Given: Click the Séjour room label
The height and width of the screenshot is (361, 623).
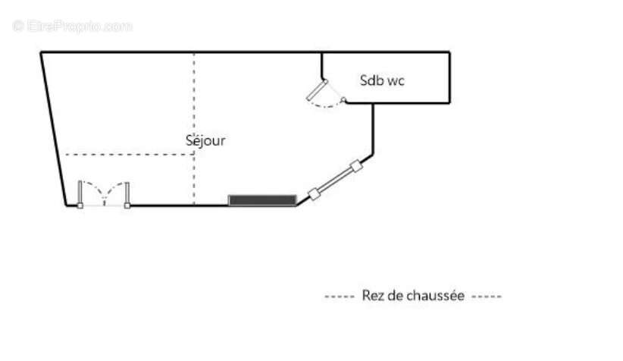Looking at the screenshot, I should coord(205,140).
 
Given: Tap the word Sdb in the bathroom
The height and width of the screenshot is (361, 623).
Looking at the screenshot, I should coord(372,80).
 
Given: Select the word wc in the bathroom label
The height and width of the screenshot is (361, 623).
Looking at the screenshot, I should coord(396,80).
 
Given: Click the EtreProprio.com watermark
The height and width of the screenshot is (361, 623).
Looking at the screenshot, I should coord(72,26).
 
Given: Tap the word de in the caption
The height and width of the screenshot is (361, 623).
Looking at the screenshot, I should coord(399,296).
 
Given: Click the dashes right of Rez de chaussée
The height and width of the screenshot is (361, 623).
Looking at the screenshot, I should coord(486,297).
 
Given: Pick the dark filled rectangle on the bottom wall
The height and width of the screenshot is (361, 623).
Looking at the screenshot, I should coord(262,200).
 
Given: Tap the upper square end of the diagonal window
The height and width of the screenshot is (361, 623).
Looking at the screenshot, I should coord(355,166).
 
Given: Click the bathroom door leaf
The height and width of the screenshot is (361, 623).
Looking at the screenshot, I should coord(316,90).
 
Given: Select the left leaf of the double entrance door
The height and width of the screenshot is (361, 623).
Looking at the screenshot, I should coord(80,193).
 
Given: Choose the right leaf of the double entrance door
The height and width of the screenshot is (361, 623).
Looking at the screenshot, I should coord(127,193).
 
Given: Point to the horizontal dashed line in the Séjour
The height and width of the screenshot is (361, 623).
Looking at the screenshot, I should coord(129,155).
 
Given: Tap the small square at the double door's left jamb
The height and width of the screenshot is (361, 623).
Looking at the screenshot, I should coord(80,206).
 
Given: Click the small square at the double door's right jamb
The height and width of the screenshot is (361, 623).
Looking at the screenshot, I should coord(127,206).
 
